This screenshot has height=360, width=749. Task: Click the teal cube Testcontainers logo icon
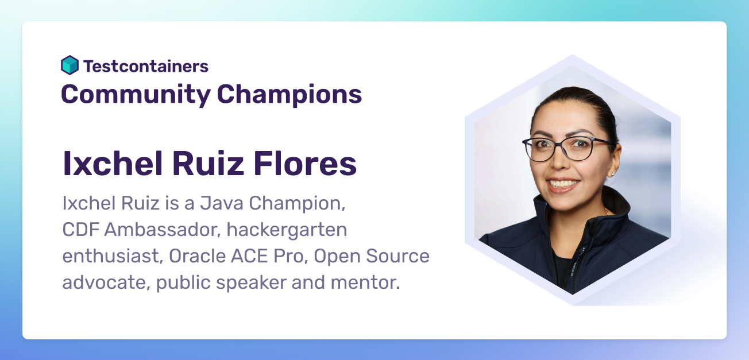click(70, 65)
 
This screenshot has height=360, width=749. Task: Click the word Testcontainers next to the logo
click(146, 66)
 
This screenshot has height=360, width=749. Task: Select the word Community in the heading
click(136, 94)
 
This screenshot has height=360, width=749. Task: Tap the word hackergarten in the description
click(287, 230)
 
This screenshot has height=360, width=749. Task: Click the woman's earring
click(612, 173)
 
